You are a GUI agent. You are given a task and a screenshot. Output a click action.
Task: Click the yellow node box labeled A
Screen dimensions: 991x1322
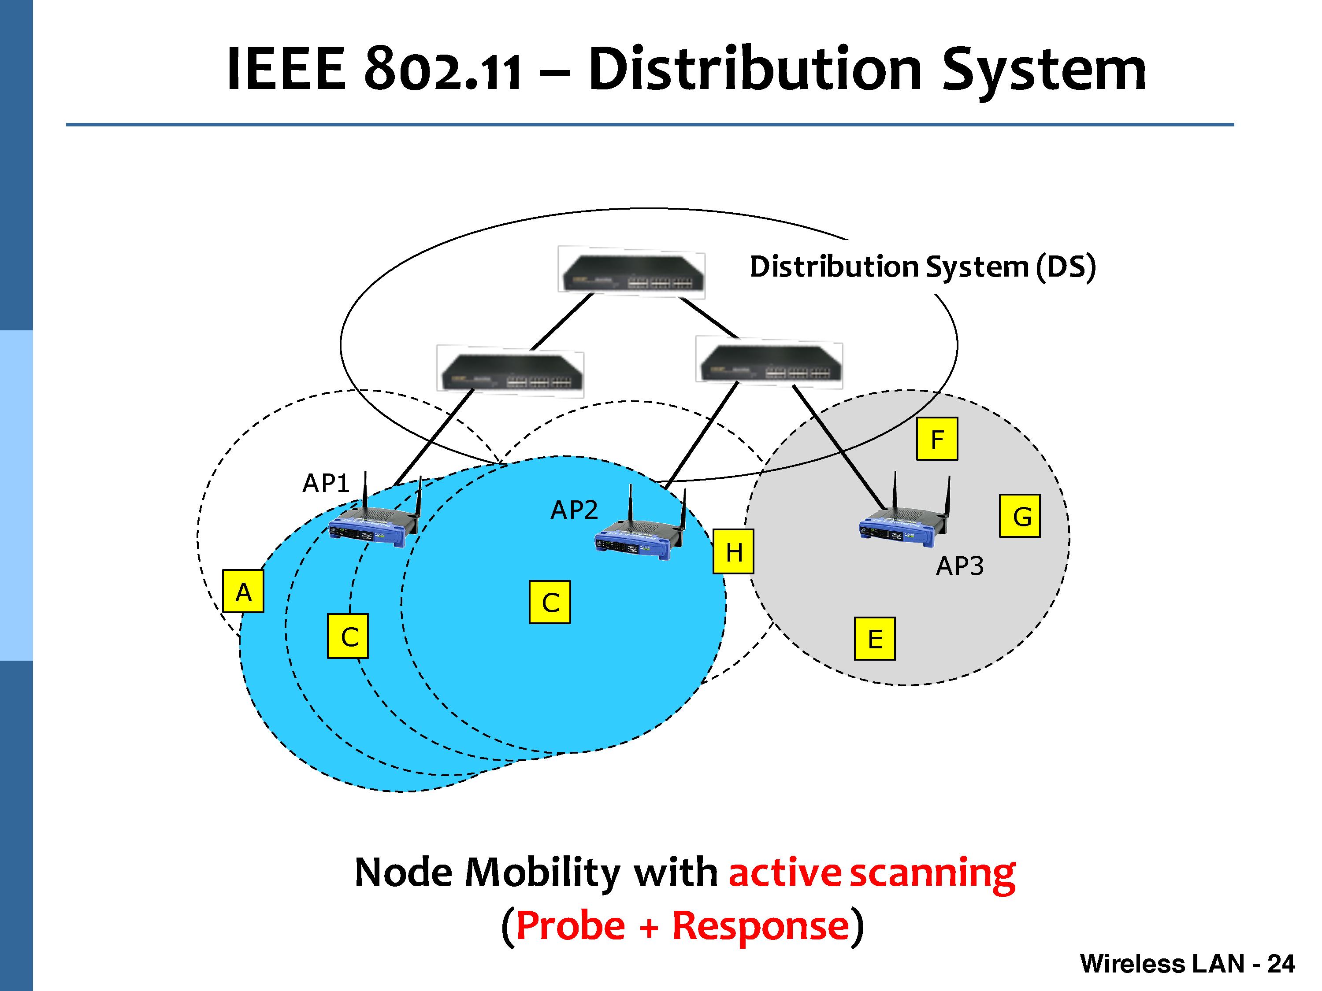point(243,591)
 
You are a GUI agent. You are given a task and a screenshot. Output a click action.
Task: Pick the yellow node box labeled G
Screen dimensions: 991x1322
point(1020,515)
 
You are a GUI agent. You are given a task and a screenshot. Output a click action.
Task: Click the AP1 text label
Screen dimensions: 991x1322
point(326,483)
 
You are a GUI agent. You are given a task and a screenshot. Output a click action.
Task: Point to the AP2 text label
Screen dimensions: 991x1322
point(574,510)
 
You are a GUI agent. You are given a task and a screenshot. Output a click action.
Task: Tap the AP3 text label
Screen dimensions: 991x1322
point(960,566)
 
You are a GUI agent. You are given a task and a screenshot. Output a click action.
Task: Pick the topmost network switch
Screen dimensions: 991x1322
point(631,272)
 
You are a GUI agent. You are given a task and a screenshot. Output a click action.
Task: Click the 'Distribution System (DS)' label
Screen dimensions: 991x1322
point(923,266)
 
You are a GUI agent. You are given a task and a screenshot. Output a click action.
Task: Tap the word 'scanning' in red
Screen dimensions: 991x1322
point(932,873)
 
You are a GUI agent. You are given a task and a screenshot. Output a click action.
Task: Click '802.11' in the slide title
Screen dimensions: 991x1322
point(443,70)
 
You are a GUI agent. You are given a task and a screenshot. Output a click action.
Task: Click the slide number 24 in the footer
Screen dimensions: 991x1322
point(1281,964)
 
